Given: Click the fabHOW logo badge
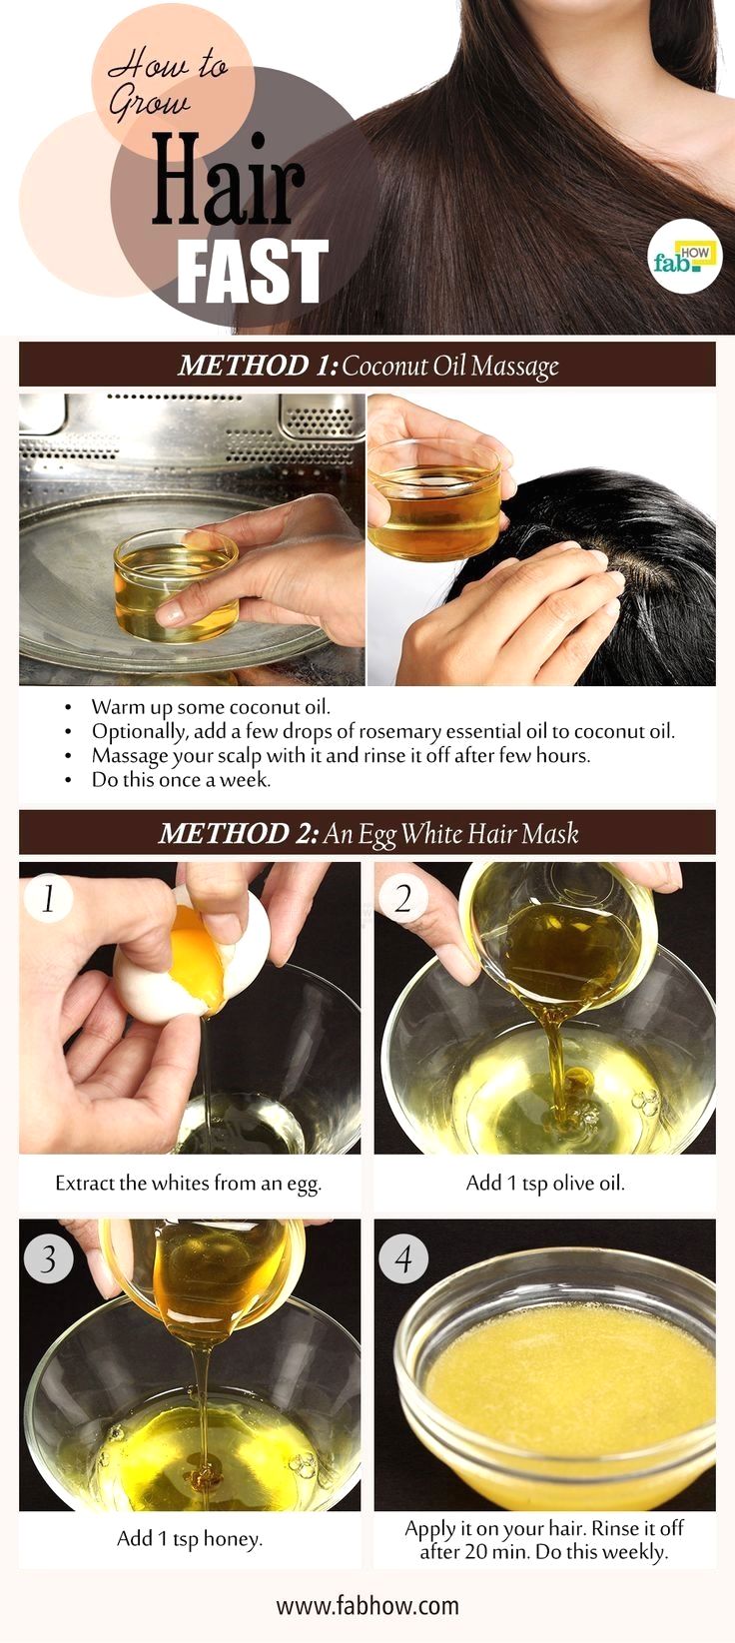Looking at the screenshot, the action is point(686,256).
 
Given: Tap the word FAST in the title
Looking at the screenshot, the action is point(253,271).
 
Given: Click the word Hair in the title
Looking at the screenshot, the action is point(228,180).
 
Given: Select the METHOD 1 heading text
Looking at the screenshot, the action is point(367,366).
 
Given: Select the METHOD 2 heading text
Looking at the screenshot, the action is point(368,833).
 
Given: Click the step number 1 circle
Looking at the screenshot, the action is point(48,898).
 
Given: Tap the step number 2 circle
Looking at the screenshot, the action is point(402,898).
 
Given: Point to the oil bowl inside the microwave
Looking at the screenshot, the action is point(176,585).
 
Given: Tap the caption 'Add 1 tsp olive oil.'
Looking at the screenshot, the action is point(545,1184).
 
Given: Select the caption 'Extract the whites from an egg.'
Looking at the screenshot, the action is point(189,1184).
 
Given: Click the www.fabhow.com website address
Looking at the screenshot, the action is point(367,1606).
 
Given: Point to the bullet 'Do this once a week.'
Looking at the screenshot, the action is point(181,779).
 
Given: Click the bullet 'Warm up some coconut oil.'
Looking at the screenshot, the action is point(211,707).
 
